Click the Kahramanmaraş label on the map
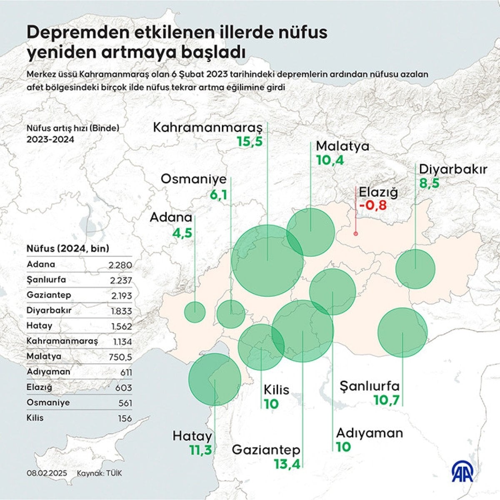(x=208, y=127)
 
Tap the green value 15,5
(x=250, y=142)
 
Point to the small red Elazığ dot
(x=355, y=234)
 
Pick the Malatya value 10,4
(x=330, y=160)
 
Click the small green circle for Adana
(x=195, y=312)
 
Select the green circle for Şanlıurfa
(x=402, y=332)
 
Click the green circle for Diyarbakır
(x=415, y=269)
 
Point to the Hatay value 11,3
(x=200, y=450)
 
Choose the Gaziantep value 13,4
(x=287, y=464)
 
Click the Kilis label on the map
(x=277, y=390)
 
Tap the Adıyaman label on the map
(x=370, y=433)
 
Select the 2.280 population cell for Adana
(x=120, y=265)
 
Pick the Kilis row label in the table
(x=35, y=418)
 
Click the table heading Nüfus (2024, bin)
(x=68, y=249)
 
